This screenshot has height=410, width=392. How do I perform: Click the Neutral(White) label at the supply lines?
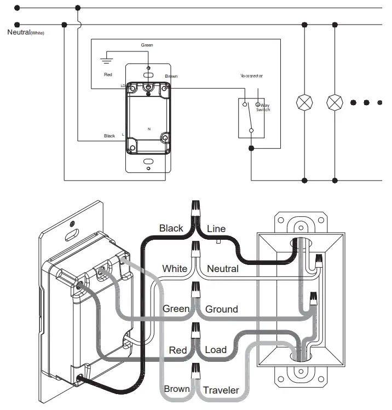[25, 32]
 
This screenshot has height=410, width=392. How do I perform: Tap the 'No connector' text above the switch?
[251, 76]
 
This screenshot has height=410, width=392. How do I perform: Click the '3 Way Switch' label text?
[263, 107]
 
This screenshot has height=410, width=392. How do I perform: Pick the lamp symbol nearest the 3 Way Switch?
[304, 102]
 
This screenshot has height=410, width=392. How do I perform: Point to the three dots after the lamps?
[366, 102]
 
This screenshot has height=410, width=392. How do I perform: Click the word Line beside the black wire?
[216, 229]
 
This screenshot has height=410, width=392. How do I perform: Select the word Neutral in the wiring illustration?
[222, 269]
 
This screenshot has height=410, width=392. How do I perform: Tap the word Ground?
[221, 309]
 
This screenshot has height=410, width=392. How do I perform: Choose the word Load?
[215, 350]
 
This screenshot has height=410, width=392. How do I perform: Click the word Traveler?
[221, 390]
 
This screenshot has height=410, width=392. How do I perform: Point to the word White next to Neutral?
[175, 269]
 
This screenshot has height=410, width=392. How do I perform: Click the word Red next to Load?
[178, 350]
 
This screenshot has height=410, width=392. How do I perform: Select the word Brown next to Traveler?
[177, 390]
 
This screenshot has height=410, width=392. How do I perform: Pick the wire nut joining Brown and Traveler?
[195, 373]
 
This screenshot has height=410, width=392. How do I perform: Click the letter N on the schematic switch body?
[149, 128]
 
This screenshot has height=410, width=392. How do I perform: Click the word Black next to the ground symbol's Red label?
[109, 136]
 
